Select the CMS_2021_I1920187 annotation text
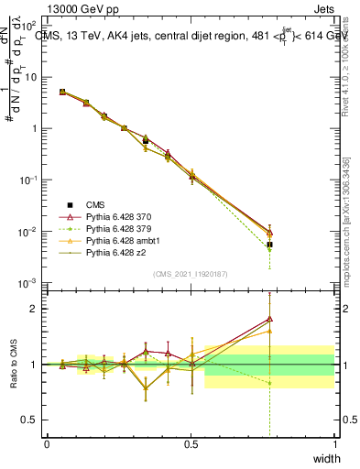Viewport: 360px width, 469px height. tap(191, 275)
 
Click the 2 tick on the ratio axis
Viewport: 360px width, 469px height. tap(37, 309)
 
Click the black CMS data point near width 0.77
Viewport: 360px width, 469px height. tap(269, 245)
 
